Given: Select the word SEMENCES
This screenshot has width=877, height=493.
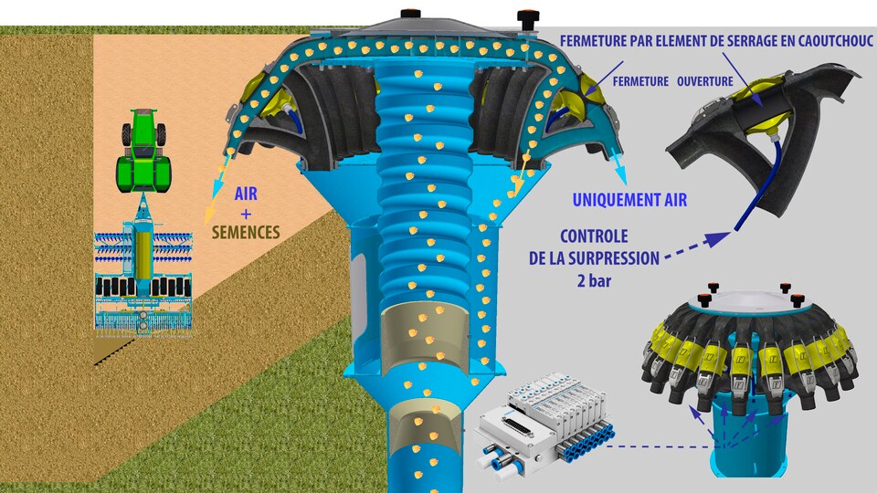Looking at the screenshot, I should point(245,232).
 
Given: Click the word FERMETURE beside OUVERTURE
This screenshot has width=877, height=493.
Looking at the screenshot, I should point(639,81).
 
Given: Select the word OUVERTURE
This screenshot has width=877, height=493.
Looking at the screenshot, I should point(704,81).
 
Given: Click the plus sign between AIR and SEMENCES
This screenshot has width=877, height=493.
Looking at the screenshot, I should point(246,213).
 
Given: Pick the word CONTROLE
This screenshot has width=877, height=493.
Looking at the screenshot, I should point(594,237).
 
